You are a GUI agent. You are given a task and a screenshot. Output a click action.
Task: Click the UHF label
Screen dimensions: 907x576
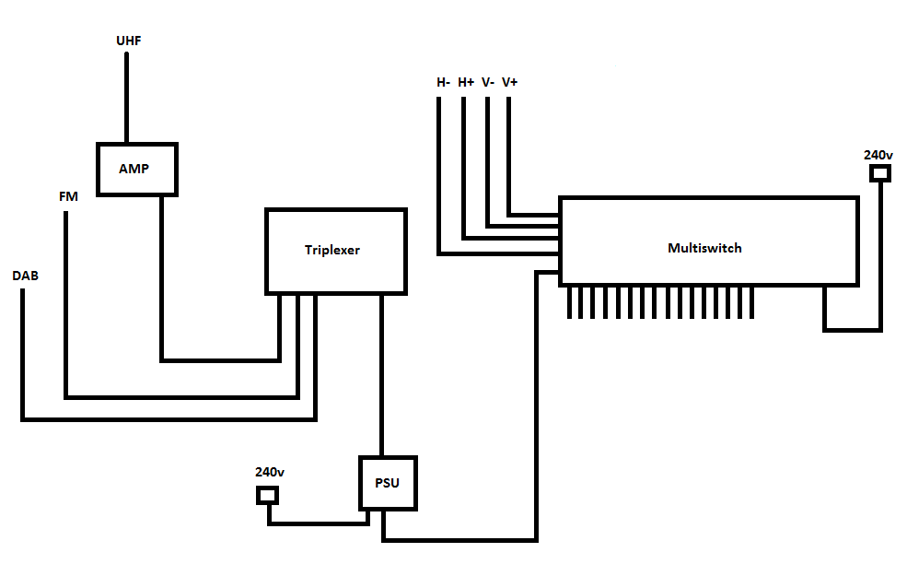(128, 41)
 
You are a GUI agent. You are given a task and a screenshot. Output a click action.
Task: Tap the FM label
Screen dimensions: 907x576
(68, 196)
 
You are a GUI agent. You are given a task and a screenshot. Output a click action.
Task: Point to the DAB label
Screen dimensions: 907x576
(26, 276)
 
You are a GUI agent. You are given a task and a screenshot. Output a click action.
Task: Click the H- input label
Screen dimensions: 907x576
(444, 82)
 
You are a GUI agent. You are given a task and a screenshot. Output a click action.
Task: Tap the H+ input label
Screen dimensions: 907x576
(466, 82)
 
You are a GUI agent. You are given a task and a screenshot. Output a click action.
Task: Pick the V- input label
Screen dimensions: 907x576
(488, 82)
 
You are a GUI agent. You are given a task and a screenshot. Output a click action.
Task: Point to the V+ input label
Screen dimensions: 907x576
(509, 82)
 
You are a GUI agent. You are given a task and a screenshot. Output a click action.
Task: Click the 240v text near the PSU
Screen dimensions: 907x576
(270, 472)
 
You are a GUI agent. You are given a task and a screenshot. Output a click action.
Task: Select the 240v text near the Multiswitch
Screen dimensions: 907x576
(878, 155)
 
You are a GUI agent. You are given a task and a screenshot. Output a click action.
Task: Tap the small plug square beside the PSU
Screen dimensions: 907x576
(267, 496)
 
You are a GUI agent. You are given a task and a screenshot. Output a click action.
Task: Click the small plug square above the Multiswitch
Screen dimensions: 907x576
(880, 173)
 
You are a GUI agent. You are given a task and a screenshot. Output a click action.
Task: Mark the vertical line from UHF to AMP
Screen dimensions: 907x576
(127, 98)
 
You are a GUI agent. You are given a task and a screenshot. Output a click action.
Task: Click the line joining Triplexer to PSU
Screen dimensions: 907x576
(382, 375)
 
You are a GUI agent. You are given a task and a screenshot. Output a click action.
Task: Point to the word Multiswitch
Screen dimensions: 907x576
(704, 248)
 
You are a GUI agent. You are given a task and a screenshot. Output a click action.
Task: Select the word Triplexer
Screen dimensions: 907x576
(332, 250)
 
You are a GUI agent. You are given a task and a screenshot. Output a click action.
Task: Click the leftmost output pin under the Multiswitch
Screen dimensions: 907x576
(570, 302)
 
